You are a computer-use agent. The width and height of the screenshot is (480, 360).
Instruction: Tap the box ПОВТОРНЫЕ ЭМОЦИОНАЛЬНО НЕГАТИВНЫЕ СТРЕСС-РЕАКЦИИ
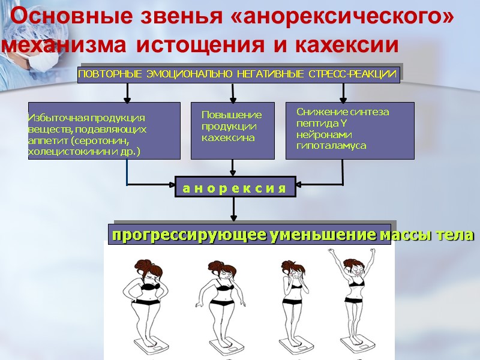(x=238, y=74)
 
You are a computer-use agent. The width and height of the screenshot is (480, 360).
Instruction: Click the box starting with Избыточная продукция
(x=104, y=130)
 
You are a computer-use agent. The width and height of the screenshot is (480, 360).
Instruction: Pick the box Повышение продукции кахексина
(x=232, y=130)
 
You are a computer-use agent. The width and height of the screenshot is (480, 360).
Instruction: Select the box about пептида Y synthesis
(x=350, y=130)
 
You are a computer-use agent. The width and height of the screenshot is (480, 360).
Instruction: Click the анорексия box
(x=235, y=188)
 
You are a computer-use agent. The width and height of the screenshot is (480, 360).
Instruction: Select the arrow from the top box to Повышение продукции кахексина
(x=233, y=92)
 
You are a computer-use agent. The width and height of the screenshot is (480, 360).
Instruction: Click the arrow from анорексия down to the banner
(x=235, y=209)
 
